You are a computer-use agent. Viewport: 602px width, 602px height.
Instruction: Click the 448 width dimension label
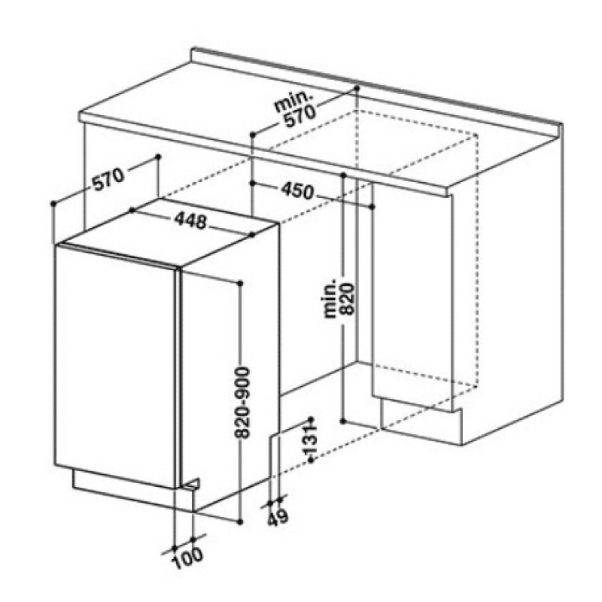[191, 220]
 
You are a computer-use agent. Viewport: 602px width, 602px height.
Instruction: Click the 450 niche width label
[297, 191]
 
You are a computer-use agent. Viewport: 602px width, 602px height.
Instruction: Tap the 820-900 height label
[242, 403]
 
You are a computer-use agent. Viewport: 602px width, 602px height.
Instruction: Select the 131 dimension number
[310, 439]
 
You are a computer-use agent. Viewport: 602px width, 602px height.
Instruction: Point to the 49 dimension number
[278, 518]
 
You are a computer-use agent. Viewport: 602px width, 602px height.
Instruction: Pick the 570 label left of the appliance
[109, 179]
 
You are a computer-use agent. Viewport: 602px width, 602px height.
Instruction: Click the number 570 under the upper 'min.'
[300, 116]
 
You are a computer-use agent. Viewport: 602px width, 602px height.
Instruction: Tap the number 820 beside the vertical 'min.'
[346, 299]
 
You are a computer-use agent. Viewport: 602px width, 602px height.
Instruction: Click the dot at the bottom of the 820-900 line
[240, 521]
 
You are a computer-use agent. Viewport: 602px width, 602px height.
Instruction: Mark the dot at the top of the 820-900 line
[240, 284]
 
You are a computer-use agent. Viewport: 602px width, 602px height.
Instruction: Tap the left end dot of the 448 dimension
[132, 210]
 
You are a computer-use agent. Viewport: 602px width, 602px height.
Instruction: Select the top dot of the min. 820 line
[344, 175]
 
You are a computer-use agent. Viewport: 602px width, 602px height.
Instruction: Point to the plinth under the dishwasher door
[135, 490]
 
